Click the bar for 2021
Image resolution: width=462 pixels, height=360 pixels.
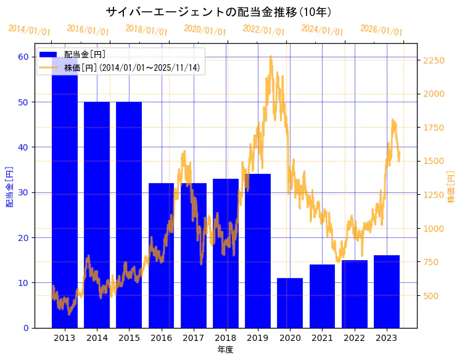pyautogui.click(x=322, y=296)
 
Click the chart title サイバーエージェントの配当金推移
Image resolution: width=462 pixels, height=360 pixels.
pyautogui.click(x=219, y=12)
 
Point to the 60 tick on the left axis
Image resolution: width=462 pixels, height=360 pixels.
pyautogui.click(x=23, y=57)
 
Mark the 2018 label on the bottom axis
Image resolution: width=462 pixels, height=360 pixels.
pyautogui.click(x=226, y=338)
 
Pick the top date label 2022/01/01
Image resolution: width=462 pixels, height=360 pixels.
pyautogui.click(x=263, y=30)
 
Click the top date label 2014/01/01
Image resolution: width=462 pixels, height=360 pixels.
pyautogui.click(x=29, y=30)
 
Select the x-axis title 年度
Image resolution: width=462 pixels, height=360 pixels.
pyautogui.click(x=225, y=350)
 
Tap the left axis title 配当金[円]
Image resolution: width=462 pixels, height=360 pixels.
pyautogui.click(x=10, y=186)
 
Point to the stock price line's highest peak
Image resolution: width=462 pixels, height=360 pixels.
pyautogui.click(x=271, y=56)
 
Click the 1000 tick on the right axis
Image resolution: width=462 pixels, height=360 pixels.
pyautogui.click(x=433, y=229)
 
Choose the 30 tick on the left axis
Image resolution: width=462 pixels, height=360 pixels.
pyautogui.click(x=23, y=192)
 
